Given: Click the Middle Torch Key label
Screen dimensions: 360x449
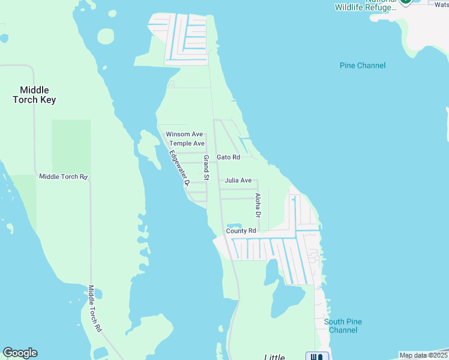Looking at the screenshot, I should point(34,95).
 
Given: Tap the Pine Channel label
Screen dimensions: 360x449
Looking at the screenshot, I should point(363,65).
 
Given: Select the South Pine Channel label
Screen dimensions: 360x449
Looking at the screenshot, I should point(343,326).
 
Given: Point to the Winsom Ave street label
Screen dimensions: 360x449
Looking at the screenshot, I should point(184,134).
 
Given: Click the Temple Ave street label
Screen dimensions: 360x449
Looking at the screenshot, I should point(187,143).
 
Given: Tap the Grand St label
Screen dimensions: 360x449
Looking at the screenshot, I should point(205,167).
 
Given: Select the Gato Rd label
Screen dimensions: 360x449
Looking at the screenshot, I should point(228,157).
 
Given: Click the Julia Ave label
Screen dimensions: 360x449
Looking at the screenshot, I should point(238,180).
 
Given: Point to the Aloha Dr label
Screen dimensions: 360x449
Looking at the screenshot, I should point(258,205).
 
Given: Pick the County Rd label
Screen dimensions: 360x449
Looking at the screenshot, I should point(241,230).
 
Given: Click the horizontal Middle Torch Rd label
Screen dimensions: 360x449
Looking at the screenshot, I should point(63,176).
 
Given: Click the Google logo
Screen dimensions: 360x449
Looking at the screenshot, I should point(20,353).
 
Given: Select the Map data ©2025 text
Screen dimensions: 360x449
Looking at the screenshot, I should point(423,355).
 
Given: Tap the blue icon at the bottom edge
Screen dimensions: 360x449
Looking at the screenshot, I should point(317,356).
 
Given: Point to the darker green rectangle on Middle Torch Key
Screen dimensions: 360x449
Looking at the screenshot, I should point(71,147).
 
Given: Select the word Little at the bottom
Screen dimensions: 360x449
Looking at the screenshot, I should point(275,357).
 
